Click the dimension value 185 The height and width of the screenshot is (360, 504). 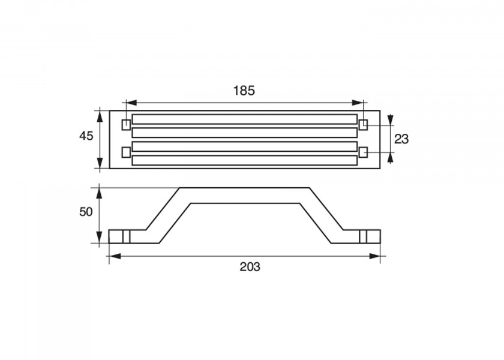pos(244,91)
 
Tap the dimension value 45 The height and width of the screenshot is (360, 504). pos(86,136)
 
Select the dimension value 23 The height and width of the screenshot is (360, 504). pos(401,139)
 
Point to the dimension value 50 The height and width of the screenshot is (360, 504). pos(86,212)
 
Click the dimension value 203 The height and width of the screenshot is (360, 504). pos(250,267)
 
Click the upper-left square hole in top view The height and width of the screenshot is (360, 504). pos(126,124)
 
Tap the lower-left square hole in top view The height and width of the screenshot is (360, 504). pos(126,152)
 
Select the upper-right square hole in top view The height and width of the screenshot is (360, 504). pos(363,124)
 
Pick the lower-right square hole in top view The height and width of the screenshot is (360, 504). pos(363,152)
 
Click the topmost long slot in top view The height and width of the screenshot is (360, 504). pos(245,119)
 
